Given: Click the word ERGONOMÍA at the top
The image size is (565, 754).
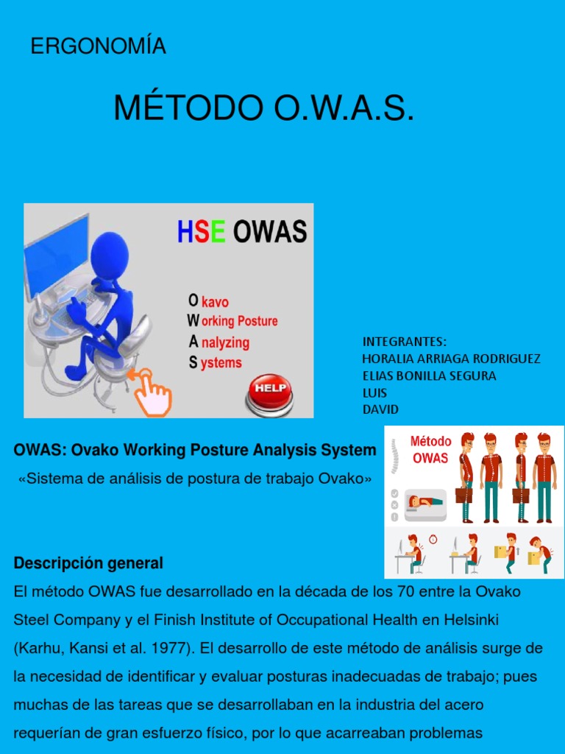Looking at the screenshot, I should pyautogui.click(x=98, y=46).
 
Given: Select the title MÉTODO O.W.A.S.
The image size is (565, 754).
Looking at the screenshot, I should pyautogui.click(x=264, y=108).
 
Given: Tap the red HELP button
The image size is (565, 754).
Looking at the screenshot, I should pyautogui.click(x=269, y=387).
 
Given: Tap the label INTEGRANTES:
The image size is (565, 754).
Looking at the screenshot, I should pyautogui.click(x=404, y=342).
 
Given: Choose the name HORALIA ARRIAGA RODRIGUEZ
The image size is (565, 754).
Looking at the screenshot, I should pyautogui.click(x=451, y=359).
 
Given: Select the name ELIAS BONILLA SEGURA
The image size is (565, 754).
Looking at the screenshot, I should pyautogui.click(x=429, y=376).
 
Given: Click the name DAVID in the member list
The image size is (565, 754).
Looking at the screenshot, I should pyautogui.click(x=380, y=409).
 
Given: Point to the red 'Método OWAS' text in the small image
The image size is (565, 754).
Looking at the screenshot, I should pyautogui.click(x=430, y=449).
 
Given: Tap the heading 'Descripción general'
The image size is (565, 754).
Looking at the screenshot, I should pyautogui.click(x=88, y=563).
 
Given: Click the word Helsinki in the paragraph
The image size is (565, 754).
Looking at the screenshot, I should pyautogui.click(x=472, y=620).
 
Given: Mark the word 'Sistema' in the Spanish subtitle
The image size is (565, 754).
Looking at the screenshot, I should pyautogui.click(x=49, y=479).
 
